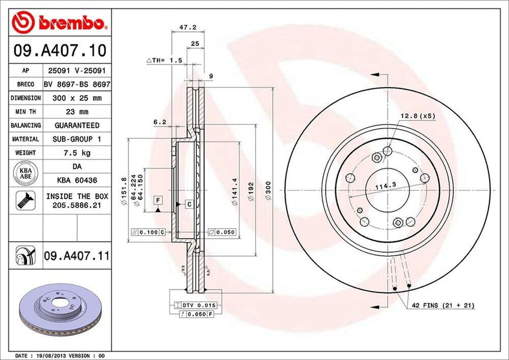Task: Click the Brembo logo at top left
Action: pos(60,22)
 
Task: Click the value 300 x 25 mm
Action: pos(77,98)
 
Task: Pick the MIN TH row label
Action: pos(25,112)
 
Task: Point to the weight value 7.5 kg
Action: pos(77,153)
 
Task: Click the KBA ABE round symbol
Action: pos(25,172)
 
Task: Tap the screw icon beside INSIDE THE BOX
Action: pos(25,200)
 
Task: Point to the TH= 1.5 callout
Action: pos(165,60)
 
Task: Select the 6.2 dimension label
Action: pos(159,121)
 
